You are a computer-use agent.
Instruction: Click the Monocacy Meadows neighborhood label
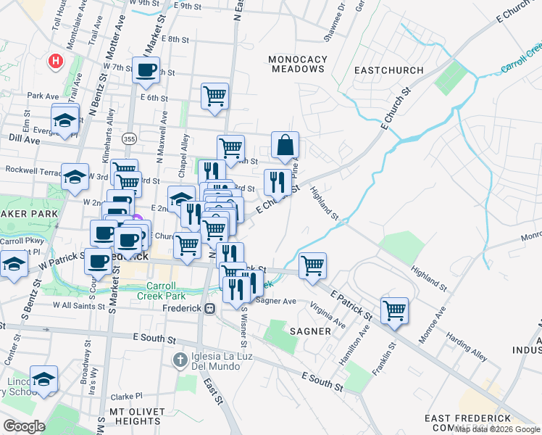(x=297, y=64)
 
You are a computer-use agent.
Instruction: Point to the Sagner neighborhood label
(x=311, y=331)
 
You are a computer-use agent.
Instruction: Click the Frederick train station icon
(x=210, y=308)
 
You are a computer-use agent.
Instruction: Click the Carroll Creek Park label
(x=161, y=290)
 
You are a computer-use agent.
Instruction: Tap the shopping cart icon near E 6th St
(x=214, y=96)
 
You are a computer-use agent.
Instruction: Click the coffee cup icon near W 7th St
(x=147, y=70)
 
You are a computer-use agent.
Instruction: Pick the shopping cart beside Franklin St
(x=394, y=310)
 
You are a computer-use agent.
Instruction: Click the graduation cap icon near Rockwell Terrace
(x=75, y=177)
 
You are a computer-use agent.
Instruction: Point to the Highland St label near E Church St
(x=325, y=203)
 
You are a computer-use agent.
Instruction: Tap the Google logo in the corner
(x=25, y=426)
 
